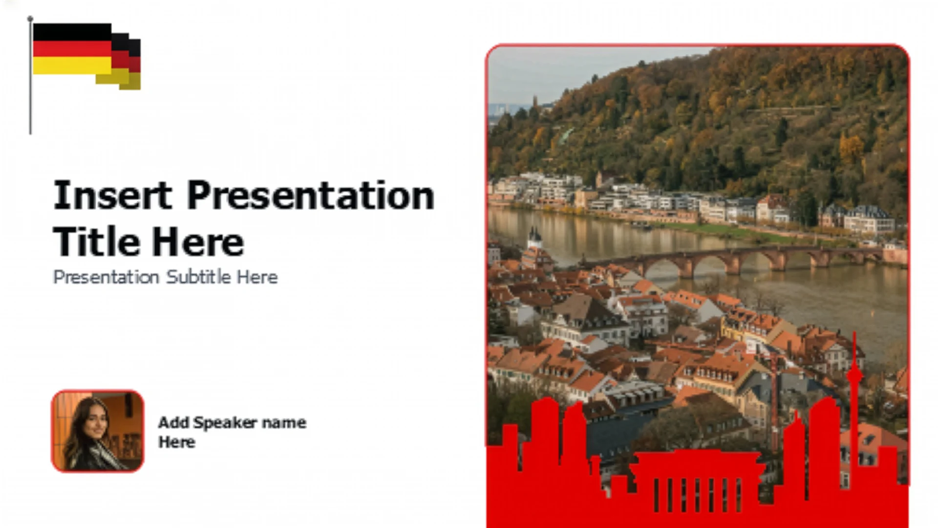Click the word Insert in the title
(112, 195)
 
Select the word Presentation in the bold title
(311, 196)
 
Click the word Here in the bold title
(198, 242)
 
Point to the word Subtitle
(198, 277)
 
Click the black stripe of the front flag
(72, 32)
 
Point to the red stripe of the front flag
(72, 49)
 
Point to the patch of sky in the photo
(562, 73)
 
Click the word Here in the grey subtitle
(257, 277)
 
